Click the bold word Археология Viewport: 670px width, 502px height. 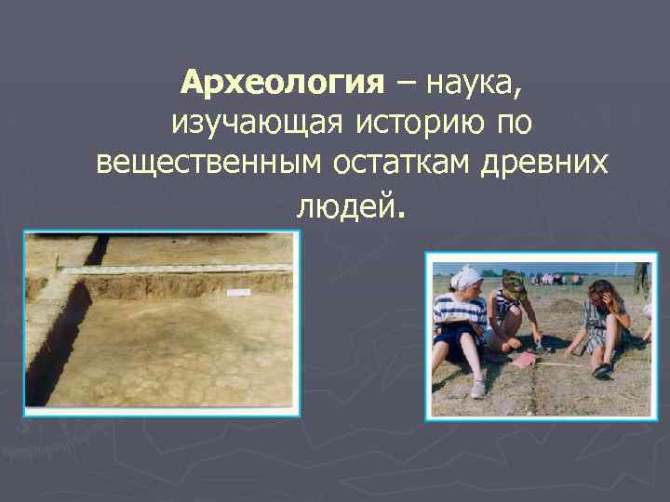click(x=282, y=83)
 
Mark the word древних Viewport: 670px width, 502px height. click(x=544, y=163)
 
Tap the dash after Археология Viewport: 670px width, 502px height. click(x=406, y=84)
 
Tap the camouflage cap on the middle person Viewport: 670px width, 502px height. click(x=513, y=279)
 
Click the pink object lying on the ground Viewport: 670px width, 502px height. click(x=524, y=360)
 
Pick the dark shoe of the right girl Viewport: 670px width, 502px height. click(x=602, y=369)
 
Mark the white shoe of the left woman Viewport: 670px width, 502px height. click(x=477, y=390)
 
